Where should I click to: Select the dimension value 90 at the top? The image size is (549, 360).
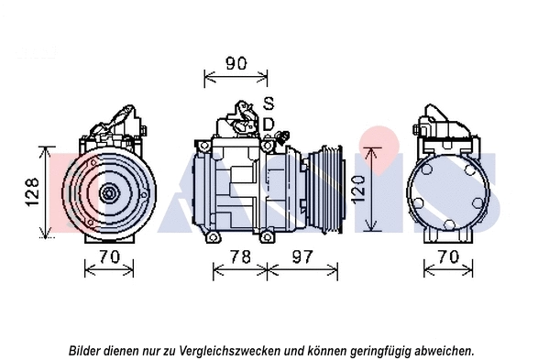(236, 63)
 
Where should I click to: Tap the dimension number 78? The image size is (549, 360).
(239, 257)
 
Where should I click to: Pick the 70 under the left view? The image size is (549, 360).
(109, 257)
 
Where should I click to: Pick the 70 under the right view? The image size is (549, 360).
(446, 257)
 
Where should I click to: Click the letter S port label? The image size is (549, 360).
(269, 103)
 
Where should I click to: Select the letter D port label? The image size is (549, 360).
(269, 123)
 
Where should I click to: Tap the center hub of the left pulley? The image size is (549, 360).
(109, 193)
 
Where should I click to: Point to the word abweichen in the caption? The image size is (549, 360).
(445, 350)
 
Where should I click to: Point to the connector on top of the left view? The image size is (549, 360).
(117, 120)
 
